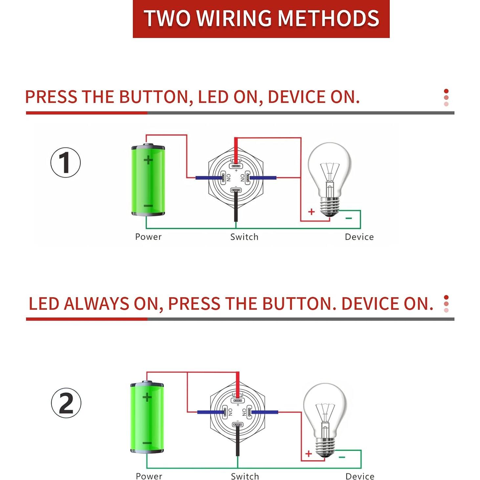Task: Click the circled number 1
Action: tap(65, 163)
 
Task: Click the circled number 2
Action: tap(66, 403)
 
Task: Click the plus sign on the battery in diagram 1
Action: tap(148, 160)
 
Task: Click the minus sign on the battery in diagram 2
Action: tap(147, 443)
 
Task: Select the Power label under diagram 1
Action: tap(148, 237)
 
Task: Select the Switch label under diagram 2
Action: tap(245, 476)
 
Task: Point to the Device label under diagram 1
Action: tap(359, 237)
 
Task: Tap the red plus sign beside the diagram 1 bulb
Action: tap(311, 212)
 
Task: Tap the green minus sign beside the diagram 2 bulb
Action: tap(342, 457)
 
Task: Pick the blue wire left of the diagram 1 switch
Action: tap(208, 178)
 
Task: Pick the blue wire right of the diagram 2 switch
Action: tap(265, 412)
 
